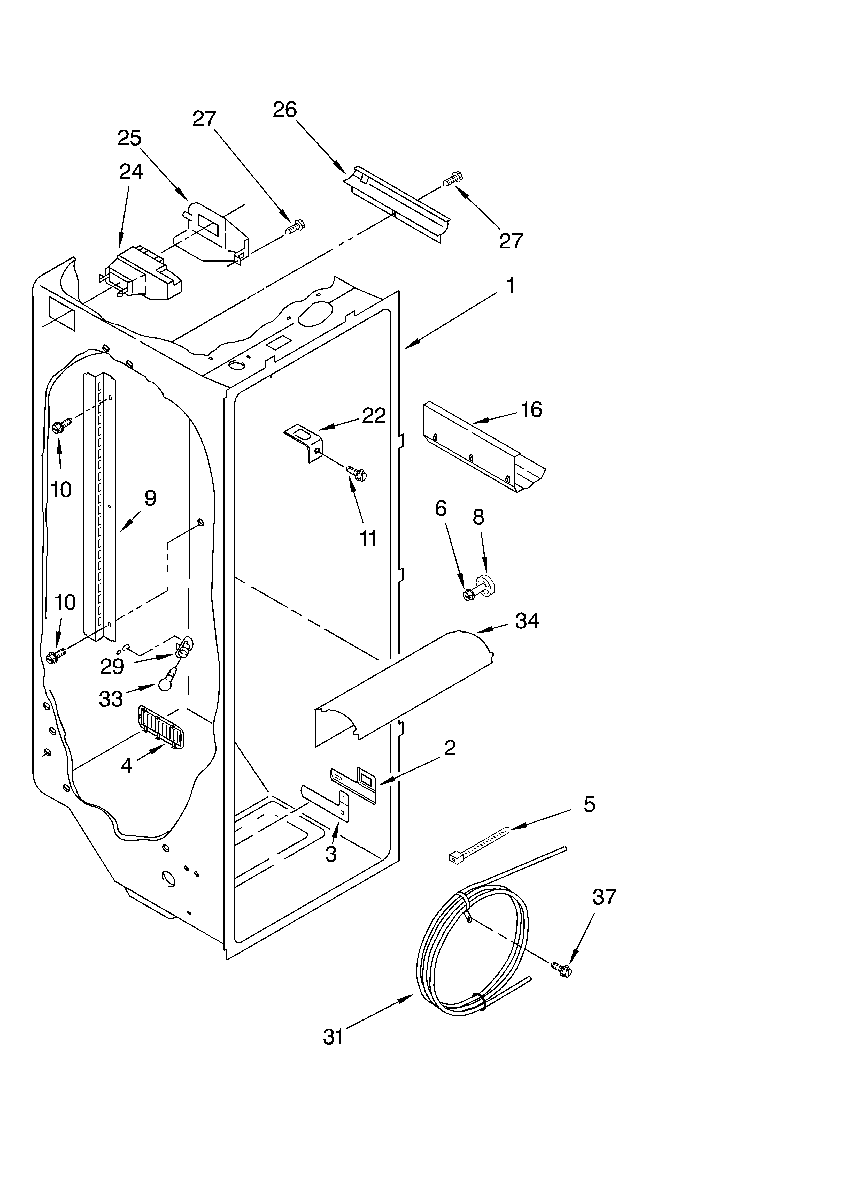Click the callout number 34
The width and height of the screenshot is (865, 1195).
pyautogui.click(x=527, y=621)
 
